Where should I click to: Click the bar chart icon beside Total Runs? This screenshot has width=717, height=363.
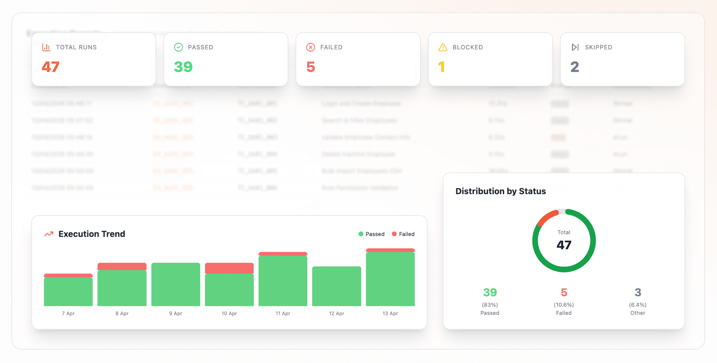click(x=46, y=47)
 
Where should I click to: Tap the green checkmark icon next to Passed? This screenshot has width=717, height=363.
click(x=179, y=47)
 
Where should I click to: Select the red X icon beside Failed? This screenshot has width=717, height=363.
click(x=310, y=47)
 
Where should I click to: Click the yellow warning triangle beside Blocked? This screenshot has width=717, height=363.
click(x=443, y=47)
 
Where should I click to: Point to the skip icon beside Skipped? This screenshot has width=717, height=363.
click(x=575, y=47)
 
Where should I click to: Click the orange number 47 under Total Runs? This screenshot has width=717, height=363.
click(x=51, y=67)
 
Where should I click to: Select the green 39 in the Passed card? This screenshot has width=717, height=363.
click(x=183, y=67)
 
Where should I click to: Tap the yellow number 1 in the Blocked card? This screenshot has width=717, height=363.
click(x=441, y=67)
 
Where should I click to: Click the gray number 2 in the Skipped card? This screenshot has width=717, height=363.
click(x=575, y=67)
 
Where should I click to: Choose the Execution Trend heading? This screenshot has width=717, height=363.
click(x=92, y=234)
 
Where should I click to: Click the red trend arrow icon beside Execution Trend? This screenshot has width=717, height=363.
click(x=49, y=234)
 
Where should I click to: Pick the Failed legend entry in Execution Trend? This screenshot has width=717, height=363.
click(x=403, y=234)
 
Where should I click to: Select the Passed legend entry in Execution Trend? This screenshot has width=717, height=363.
click(x=371, y=234)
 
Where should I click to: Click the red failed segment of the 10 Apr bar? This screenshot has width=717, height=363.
click(x=229, y=268)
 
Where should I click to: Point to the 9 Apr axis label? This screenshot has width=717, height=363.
click(x=176, y=313)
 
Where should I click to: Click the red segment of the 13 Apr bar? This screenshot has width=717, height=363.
click(x=390, y=250)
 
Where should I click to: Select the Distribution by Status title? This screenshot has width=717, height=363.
click(x=500, y=191)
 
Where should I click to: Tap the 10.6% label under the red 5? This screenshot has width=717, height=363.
click(x=564, y=305)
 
